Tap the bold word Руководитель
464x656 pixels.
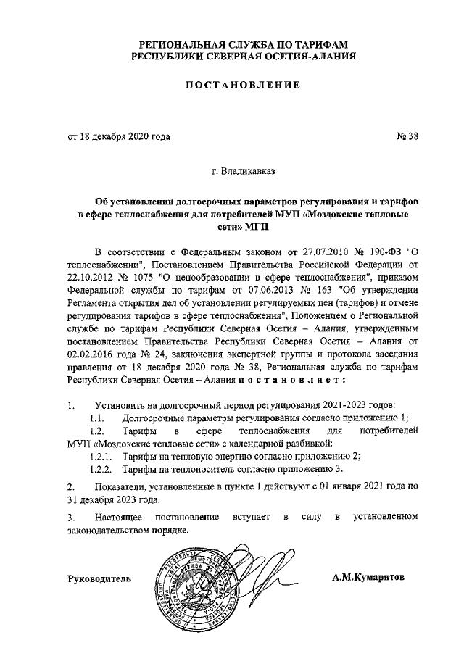99,578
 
